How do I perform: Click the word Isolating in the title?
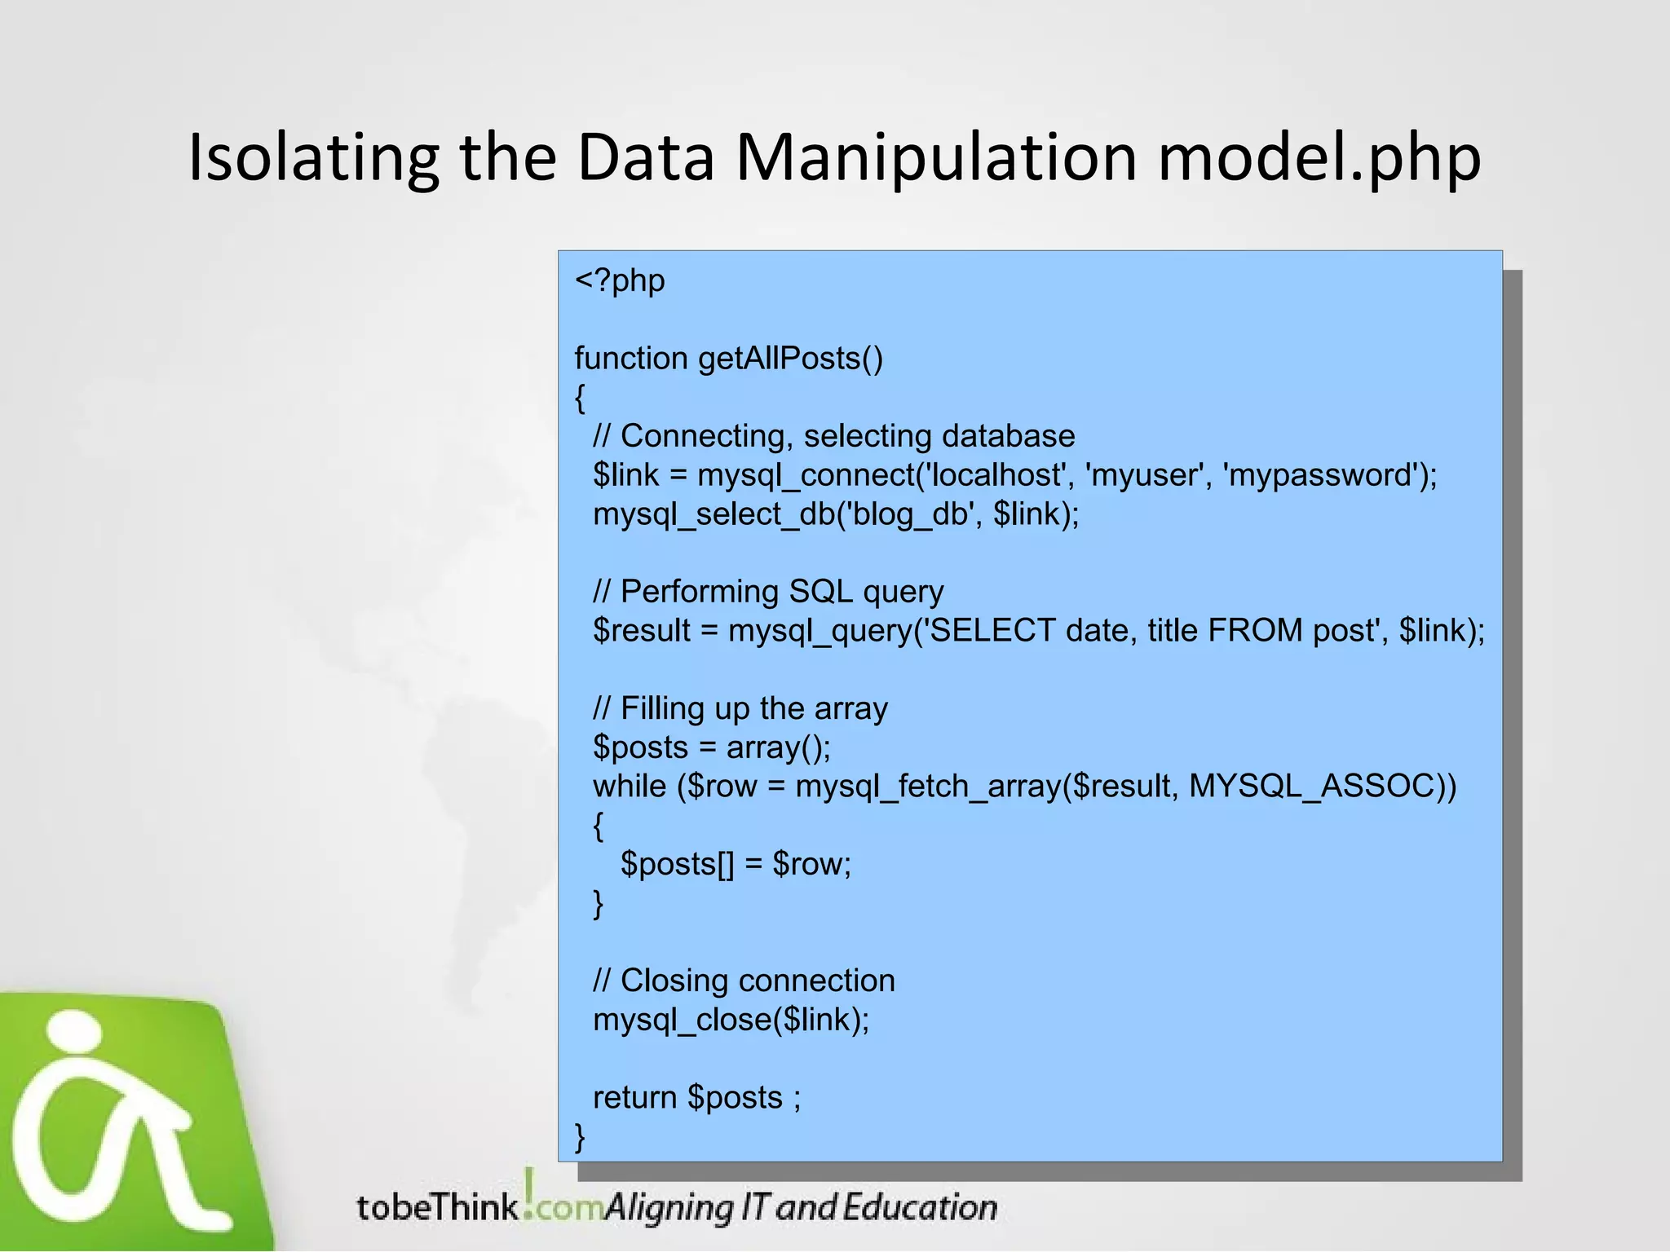coord(312,157)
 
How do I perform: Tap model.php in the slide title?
coord(1319,157)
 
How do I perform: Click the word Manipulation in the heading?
coord(936,157)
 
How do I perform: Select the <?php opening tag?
coord(620,280)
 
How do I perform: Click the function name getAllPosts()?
coord(790,359)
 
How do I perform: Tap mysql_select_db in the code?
coord(714,514)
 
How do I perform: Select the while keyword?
coord(629,787)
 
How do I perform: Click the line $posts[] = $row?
coord(736,864)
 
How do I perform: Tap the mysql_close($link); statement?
coord(731,1020)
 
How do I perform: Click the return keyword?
coord(634,1098)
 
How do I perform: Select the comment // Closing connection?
coord(744,981)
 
